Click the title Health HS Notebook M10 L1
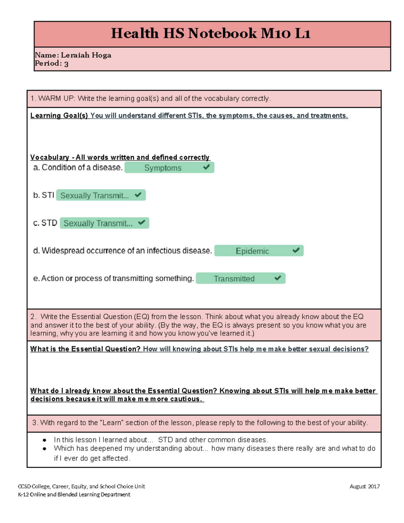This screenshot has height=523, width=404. coord(210,34)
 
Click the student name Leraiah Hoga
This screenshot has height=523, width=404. coord(86,55)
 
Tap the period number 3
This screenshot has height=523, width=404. coord(66,64)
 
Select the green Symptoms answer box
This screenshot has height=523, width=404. coord(169,168)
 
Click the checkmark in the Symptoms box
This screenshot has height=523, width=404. coord(206,167)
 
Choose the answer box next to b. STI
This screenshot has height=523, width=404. coord(101,195)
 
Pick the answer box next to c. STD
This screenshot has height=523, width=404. coord(104,223)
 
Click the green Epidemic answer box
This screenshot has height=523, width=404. coord(259,251)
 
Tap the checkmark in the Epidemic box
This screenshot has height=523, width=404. coord(296,250)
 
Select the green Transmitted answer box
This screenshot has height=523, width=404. coord(240,279)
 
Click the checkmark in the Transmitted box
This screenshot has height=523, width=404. coord(278,278)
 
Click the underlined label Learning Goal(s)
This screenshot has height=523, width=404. coord(59,116)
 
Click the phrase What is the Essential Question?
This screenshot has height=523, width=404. coord(85,349)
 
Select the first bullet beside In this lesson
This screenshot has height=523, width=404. coord(44,440)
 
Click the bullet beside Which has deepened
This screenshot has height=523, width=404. coord(44,449)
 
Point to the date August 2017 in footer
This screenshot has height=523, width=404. coord(365,486)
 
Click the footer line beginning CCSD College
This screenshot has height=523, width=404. coord(81,486)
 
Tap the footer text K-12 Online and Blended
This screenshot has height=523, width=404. coord(74,495)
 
